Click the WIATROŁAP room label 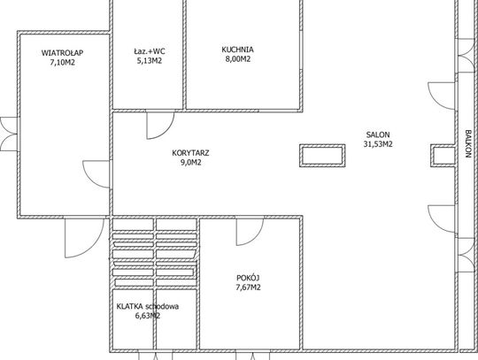[62, 53]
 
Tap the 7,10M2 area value [63, 63]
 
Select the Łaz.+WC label [150, 51]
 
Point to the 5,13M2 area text [150, 61]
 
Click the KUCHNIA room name [237, 50]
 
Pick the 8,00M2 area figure [238, 58]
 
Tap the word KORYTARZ [190, 153]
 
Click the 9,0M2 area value [191, 162]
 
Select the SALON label [378, 134]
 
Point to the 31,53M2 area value [378, 144]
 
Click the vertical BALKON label [468, 144]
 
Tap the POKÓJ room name [248, 278]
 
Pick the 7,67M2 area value [248, 287]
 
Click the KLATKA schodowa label [148, 306]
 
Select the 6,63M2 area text [148, 316]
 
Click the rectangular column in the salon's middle [322, 156]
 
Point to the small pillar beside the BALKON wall [443, 156]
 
